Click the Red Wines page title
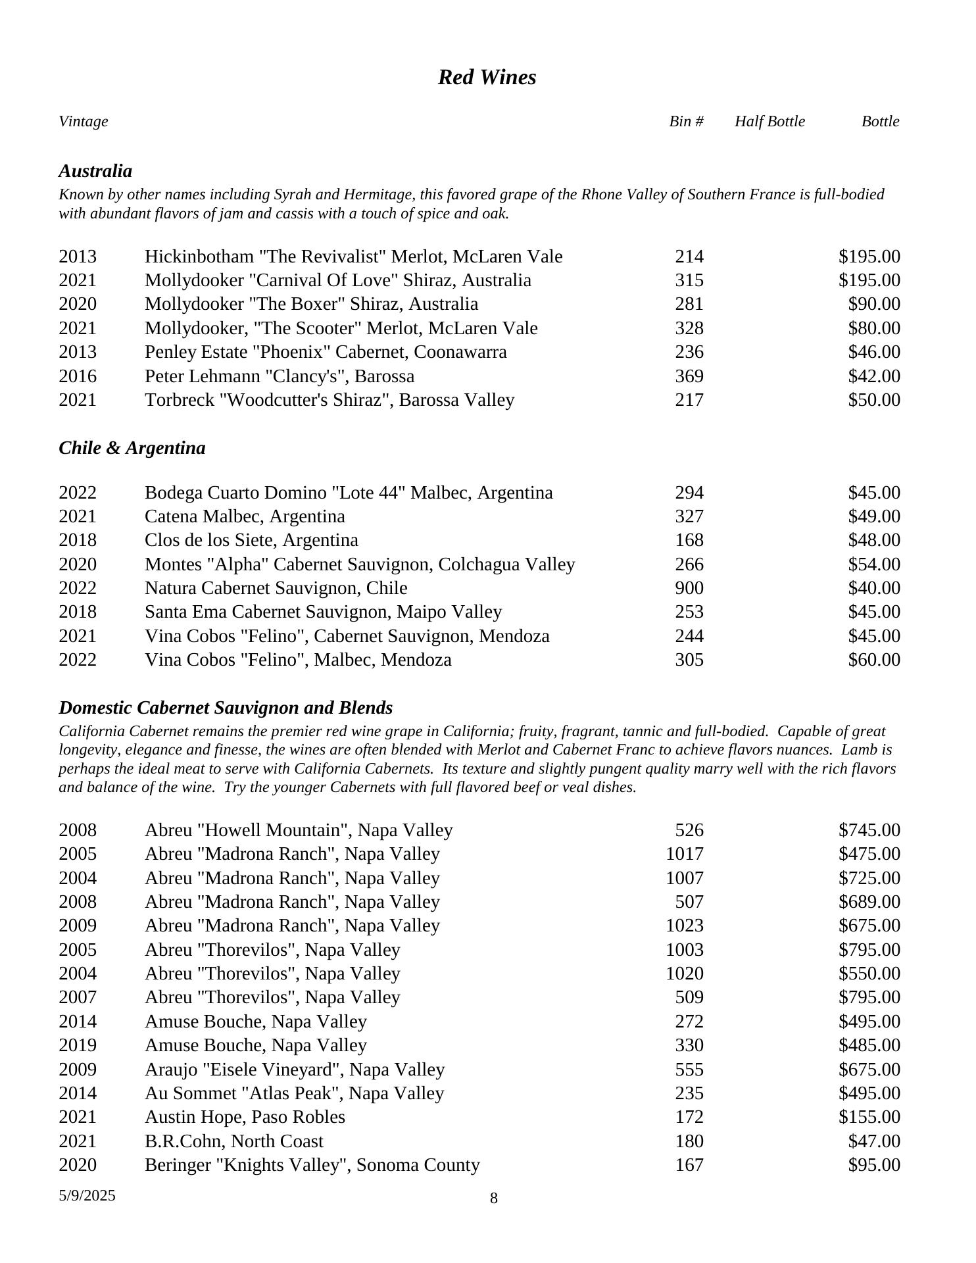click(x=487, y=78)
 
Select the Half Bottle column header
click(x=769, y=122)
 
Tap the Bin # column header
click(x=686, y=122)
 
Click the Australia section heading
click(x=95, y=171)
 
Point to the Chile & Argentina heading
click(x=132, y=448)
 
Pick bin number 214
click(x=689, y=257)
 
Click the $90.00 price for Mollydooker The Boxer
click(x=874, y=304)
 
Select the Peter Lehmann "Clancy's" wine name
click(x=280, y=376)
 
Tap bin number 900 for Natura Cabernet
click(x=689, y=588)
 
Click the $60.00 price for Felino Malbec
click(x=874, y=660)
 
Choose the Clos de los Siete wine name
click(x=251, y=540)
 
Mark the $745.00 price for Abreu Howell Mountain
click(x=869, y=830)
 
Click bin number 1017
click(x=685, y=854)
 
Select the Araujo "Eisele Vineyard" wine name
click(x=295, y=1070)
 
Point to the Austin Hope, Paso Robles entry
click(x=245, y=1117)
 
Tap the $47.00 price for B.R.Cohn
click(x=874, y=1141)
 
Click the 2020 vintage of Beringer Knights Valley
click(x=78, y=1165)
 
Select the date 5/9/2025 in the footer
click(x=87, y=1195)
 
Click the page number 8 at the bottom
click(x=494, y=1199)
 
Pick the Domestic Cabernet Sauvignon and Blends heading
click(x=226, y=708)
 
